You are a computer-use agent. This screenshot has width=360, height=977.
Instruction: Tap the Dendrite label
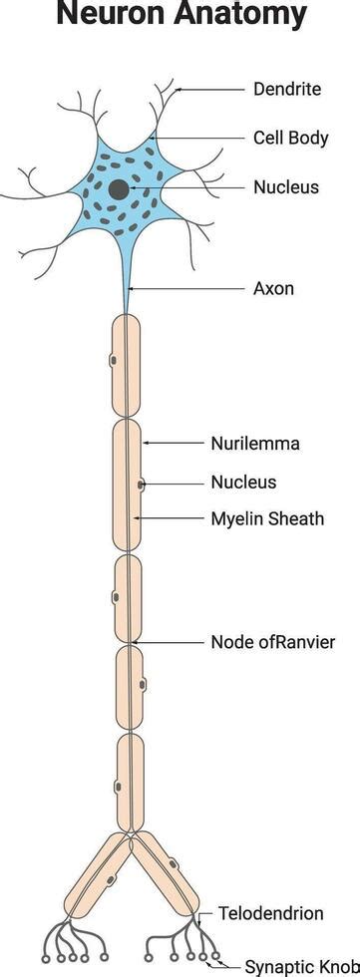tap(287, 89)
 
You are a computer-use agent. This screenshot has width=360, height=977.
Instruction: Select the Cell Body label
tap(290, 138)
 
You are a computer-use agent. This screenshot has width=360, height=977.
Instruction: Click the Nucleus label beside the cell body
tap(286, 186)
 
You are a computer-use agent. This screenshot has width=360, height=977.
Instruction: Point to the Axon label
tap(273, 289)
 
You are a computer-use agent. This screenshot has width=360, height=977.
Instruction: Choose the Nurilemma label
tap(255, 443)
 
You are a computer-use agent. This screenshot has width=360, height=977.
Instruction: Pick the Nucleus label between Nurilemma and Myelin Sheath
tap(243, 483)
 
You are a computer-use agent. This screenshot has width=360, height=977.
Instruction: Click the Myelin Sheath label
tap(267, 518)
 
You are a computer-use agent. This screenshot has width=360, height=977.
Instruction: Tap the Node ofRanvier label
tap(272, 641)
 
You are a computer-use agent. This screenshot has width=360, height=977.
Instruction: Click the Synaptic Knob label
tap(301, 965)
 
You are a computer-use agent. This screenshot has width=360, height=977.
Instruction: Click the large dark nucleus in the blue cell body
tap(119, 189)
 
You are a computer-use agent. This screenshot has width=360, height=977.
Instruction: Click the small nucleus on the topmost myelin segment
tap(113, 358)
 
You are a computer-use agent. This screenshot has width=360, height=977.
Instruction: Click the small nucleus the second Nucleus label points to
tap(141, 485)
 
